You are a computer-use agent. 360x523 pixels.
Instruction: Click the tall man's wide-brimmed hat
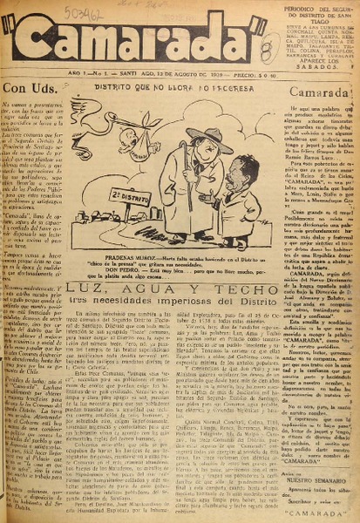[210, 138]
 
